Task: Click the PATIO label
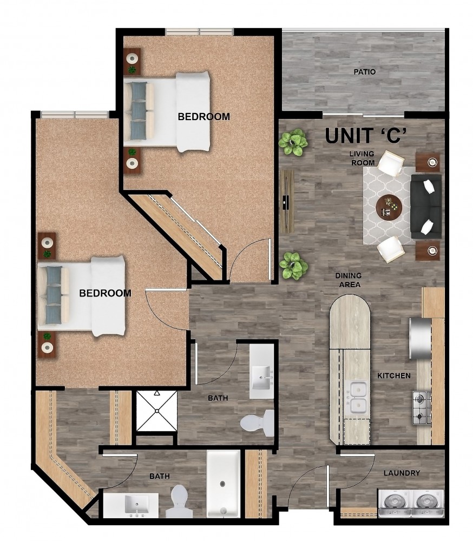[x=365, y=72]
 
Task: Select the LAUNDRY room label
[x=402, y=473]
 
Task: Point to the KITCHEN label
[x=394, y=375]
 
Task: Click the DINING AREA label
[x=349, y=280]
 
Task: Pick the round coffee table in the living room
[x=389, y=207]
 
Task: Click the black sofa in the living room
[x=426, y=206]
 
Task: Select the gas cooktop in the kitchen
[x=422, y=408]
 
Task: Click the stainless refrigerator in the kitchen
[x=420, y=338]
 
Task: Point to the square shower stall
[x=157, y=411]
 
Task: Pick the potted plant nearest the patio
[x=293, y=142]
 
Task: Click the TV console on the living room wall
[x=287, y=201]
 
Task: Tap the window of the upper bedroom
[x=200, y=32]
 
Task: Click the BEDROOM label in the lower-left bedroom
[x=106, y=293]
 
